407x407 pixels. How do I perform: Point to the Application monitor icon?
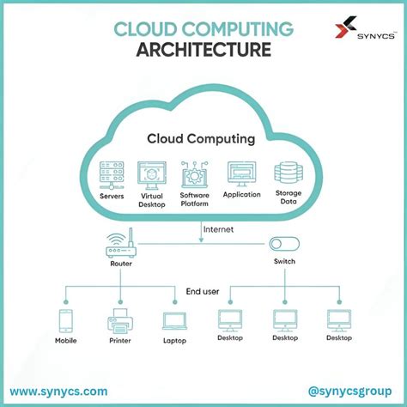241,173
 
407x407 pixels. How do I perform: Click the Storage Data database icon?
285,174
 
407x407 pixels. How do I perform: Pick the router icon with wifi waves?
121,246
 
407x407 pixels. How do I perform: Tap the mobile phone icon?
67,321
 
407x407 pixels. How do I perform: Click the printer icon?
120,322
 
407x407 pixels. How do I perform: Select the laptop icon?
174,321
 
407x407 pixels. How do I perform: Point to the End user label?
203,292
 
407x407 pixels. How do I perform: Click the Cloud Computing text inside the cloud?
201,138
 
